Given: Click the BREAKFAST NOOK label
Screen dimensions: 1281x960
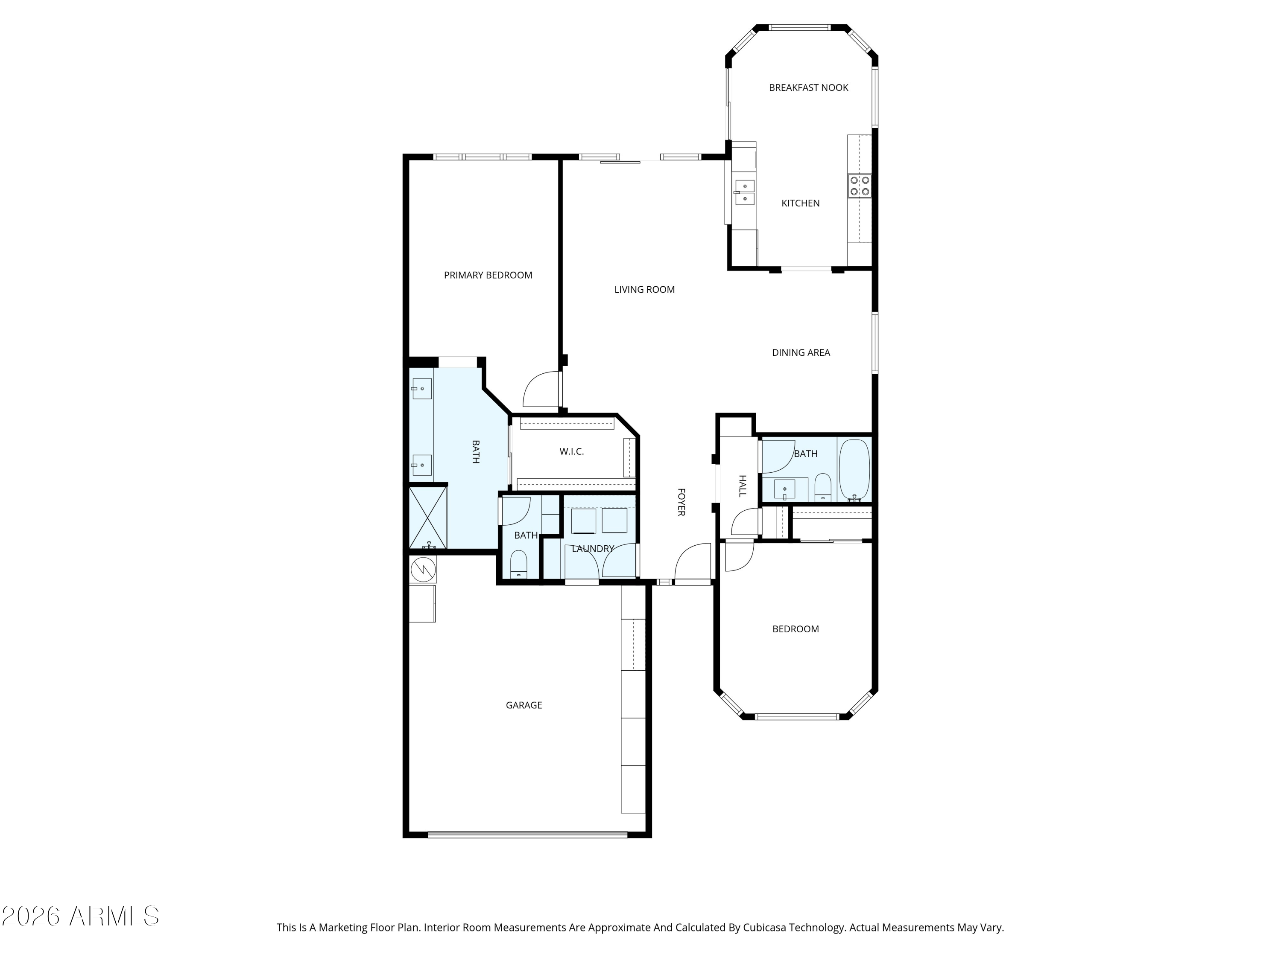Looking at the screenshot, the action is pos(808,88).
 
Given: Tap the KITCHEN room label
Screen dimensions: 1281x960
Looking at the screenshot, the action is pos(800,203).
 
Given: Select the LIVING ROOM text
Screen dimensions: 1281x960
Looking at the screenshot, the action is pos(644,289).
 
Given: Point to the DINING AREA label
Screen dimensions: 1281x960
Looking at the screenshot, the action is pos(801,352).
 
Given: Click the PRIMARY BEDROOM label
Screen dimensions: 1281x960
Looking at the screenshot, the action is pos(488,276).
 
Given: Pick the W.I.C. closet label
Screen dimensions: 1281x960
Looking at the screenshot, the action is pos(572,451).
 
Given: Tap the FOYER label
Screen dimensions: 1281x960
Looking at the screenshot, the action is pos(681,502).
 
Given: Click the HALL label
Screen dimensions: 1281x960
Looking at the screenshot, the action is pos(743,486).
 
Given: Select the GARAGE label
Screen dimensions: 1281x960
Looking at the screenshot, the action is pos(524,705).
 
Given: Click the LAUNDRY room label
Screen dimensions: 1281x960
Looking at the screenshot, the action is pos(593,549).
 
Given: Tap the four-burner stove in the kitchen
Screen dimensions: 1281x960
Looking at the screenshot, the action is pos(860,186).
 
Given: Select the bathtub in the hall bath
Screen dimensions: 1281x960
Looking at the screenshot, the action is pos(854,469).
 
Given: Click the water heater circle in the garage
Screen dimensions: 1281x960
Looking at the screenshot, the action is pos(423,570).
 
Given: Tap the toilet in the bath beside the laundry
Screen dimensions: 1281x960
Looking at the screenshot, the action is pos(518,564).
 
